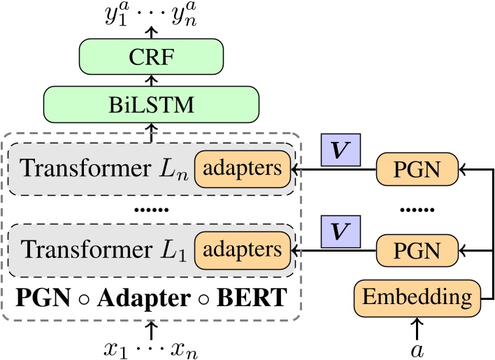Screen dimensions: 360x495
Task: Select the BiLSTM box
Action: coord(151,105)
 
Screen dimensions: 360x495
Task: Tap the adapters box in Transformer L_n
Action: coord(242,168)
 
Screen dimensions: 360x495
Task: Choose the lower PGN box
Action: coord(418,250)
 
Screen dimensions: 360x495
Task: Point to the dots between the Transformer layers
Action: coord(151,209)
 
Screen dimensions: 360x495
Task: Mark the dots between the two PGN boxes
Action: coord(417,209)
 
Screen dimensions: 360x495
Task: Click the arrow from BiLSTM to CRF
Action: coord(151,81)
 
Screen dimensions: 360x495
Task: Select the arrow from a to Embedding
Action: coord(417,327)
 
